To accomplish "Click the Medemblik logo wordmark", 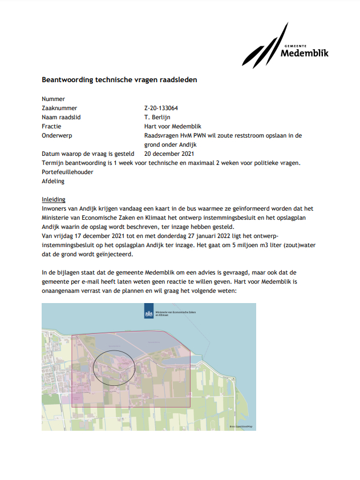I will [305, 54].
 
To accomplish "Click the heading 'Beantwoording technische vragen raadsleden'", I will [119, 80].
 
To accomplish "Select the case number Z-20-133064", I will [161, 108].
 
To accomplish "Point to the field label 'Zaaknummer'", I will [59, 108].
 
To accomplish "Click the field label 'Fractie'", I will [51, 126].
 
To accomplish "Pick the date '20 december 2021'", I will [169, 154].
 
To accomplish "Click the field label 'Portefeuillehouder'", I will [67, 172].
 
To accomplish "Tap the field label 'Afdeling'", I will [54, 181].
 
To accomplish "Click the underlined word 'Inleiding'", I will [54, 199].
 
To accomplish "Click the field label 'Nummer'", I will [54, 99].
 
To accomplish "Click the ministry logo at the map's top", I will [149, 314].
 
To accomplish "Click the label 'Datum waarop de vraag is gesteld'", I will [88, 154].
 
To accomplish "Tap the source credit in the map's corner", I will [240, 426].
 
